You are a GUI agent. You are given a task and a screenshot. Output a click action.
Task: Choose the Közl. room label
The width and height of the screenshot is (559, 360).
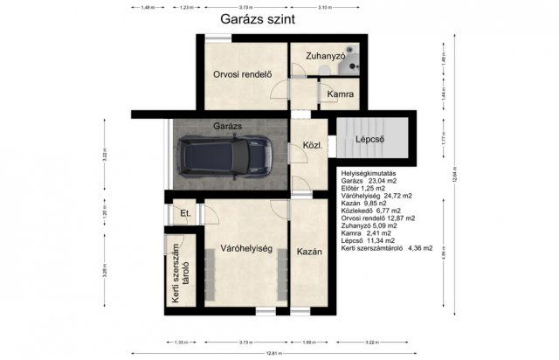313,145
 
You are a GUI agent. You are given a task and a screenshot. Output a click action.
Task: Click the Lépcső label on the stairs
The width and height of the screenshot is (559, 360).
370,140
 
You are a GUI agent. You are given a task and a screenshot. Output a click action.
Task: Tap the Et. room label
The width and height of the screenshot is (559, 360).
184,214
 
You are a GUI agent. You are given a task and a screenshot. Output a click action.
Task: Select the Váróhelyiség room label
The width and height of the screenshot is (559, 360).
246,249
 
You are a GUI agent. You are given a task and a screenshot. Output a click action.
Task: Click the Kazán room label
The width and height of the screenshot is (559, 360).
309,252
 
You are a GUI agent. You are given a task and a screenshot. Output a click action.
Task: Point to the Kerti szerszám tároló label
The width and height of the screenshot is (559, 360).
179,274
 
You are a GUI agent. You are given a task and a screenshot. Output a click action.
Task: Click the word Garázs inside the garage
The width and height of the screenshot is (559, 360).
228,127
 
